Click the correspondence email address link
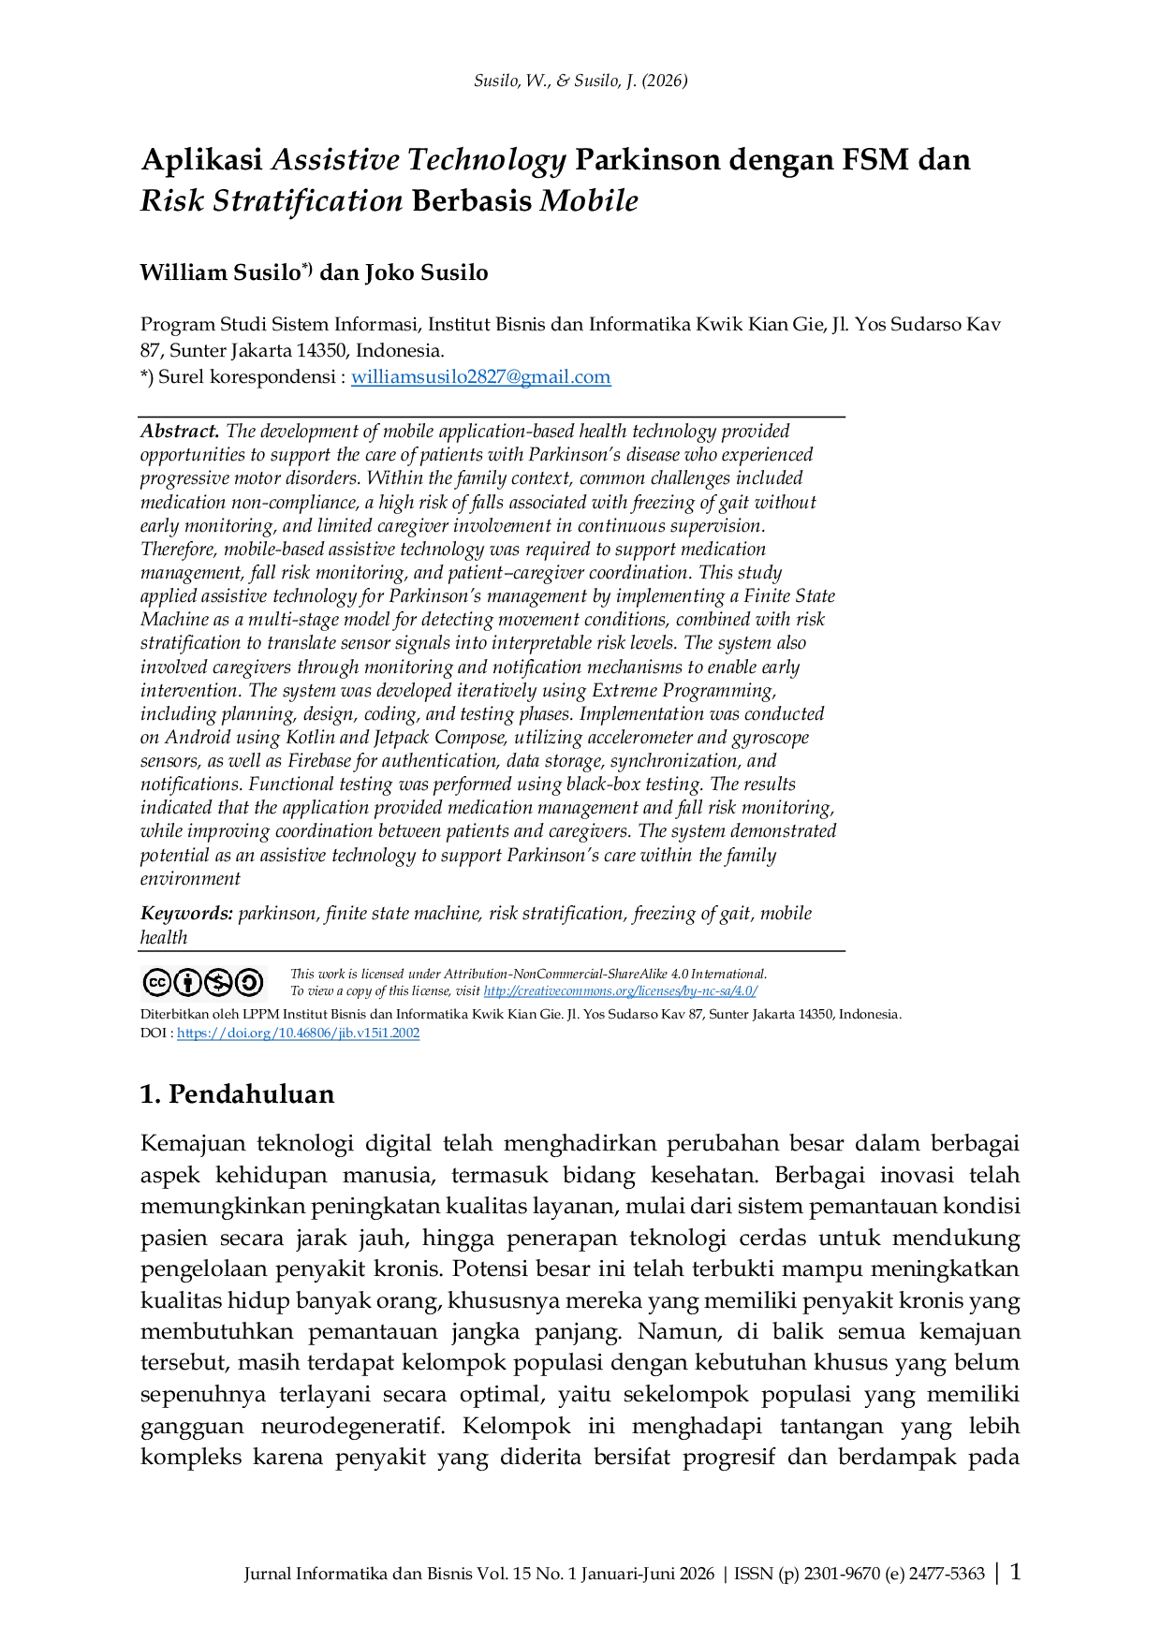point(481,377)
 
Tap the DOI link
point(298,1034)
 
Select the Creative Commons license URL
point(620,991)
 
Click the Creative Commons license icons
point(203,983)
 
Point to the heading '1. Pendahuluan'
point(238,1094)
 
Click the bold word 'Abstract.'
point(180,432)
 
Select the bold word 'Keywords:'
point(186,914)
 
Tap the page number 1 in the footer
point(1015,1572)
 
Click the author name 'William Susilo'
point(220,273)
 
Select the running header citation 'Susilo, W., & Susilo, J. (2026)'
point(580,81)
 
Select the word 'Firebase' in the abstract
point(320,761)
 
